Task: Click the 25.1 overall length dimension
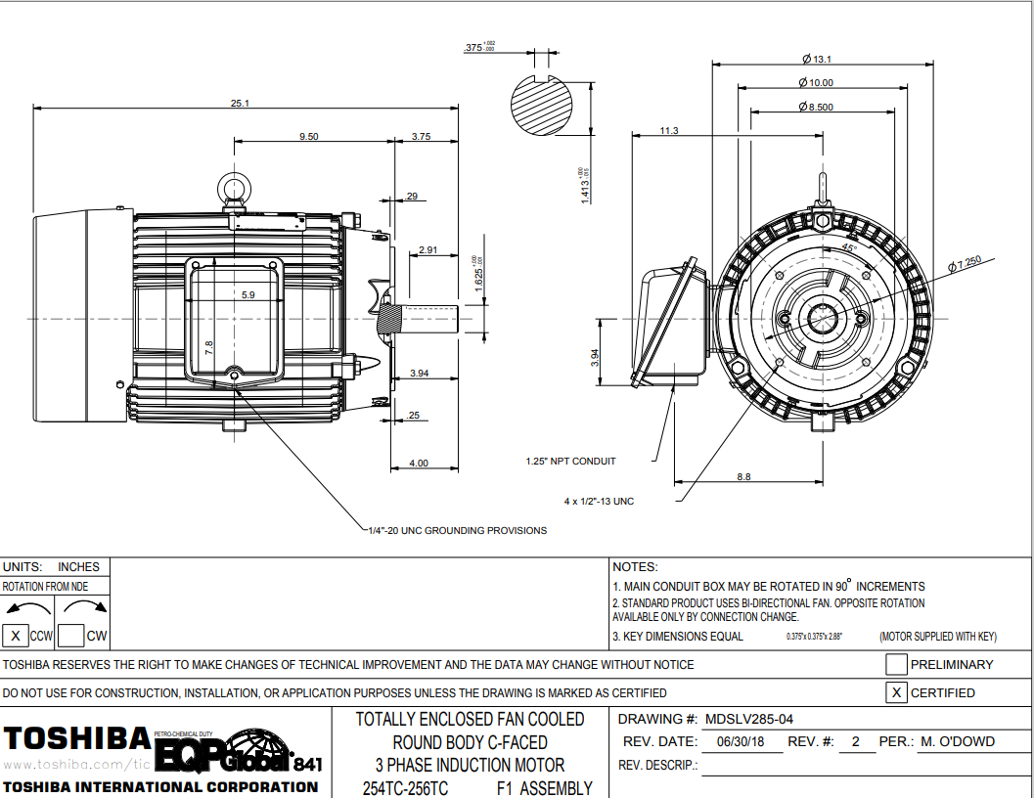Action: [240, 103]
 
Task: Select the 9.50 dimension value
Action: [308, 137]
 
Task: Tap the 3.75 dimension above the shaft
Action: [421, 137]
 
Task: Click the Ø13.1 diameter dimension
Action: [816, 60]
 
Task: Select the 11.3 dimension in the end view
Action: [669, 130]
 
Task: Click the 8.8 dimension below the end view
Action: [743, 477]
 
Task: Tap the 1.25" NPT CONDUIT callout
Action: [570, 461]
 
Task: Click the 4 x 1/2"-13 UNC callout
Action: [599, 502]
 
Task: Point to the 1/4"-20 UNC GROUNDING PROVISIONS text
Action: [456, 531]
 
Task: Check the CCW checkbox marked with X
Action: [15, 636]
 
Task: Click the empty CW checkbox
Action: [70, 636]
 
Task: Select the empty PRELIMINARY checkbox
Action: [895, 665]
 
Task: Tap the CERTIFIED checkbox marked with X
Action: [895, 693]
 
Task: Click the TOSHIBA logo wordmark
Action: [77, 737]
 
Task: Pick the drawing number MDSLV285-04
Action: [748, 719]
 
